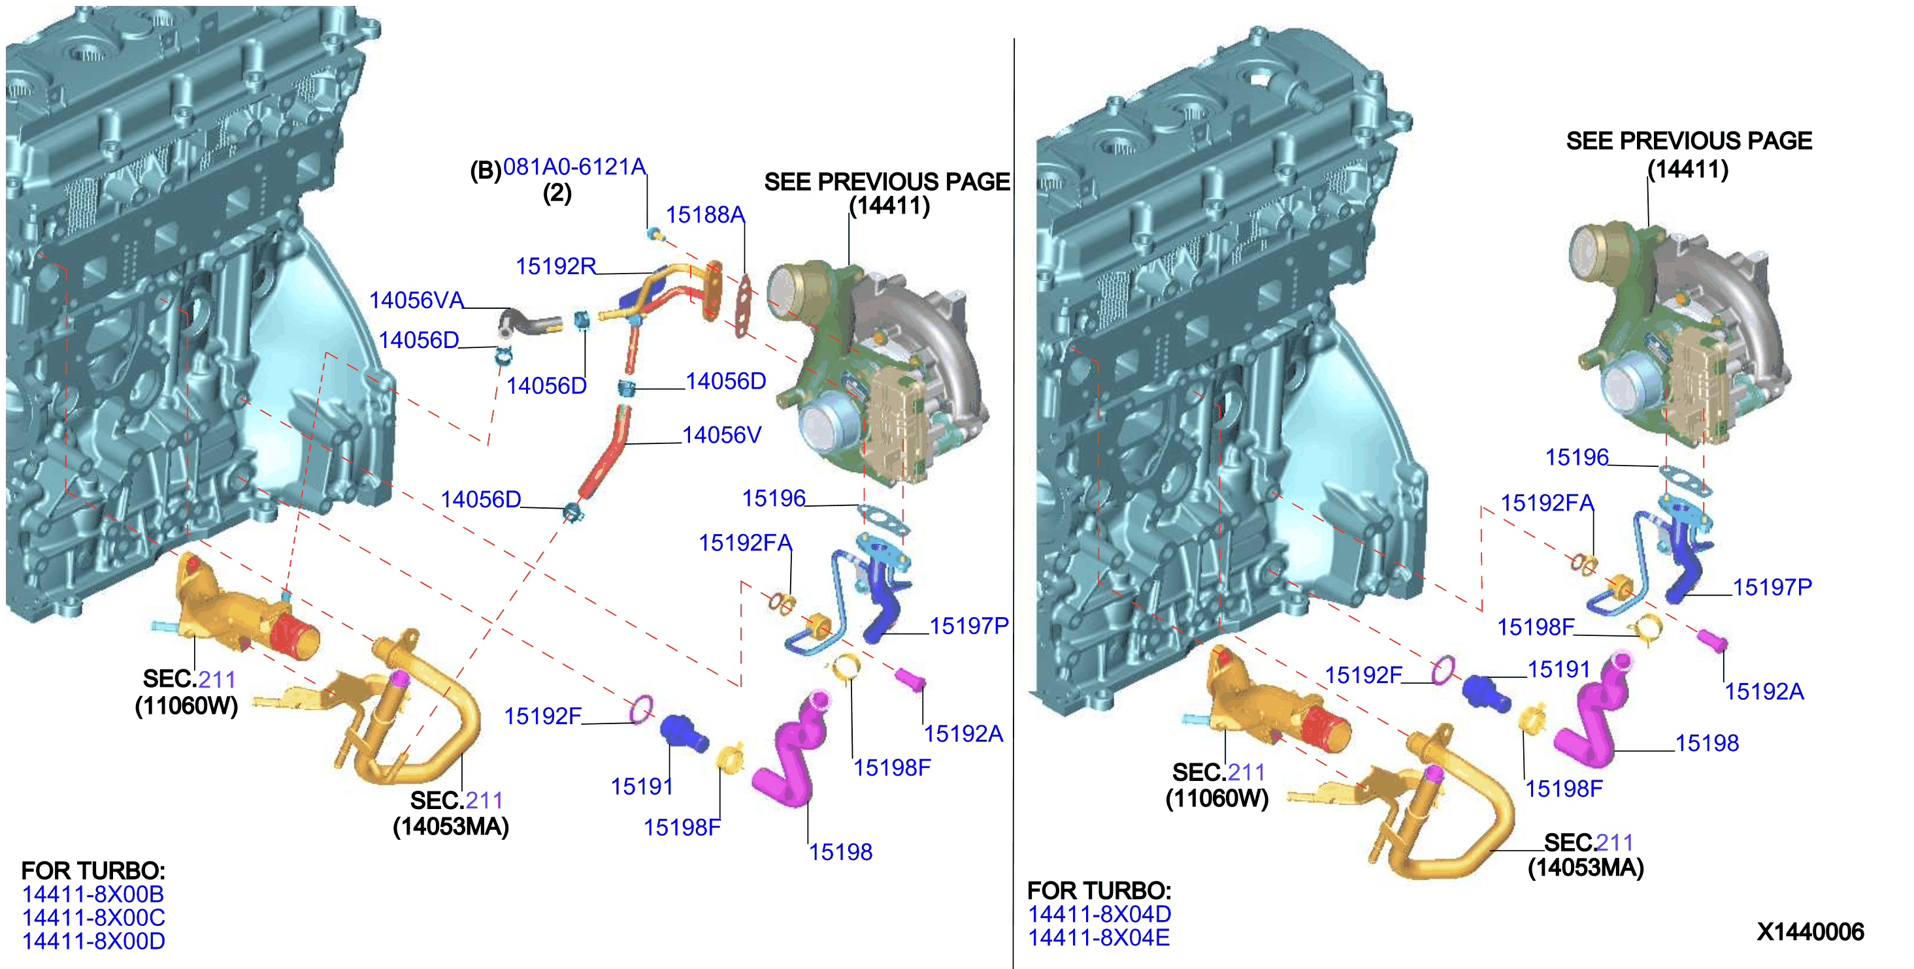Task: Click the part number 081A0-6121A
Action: click(574, 167)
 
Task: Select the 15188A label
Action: click(705, 215)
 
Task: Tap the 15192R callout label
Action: click(556, 266)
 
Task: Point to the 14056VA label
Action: click(416, 300)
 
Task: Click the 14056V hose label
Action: click(721, 434)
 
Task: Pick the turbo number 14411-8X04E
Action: click(1098, 937)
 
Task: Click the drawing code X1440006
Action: click(1810, 931)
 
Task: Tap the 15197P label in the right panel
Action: click(1772, 587)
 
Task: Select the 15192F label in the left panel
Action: click(542, 716)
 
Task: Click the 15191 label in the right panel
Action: click(1558, 669)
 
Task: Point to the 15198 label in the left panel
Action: click(840, 851)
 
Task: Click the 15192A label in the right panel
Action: click(1764, 691)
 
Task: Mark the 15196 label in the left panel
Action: click(774, 498)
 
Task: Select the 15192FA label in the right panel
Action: click(1547, 503)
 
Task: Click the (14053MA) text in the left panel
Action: click(450, 827)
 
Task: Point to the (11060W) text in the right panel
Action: click(1217, 798)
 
